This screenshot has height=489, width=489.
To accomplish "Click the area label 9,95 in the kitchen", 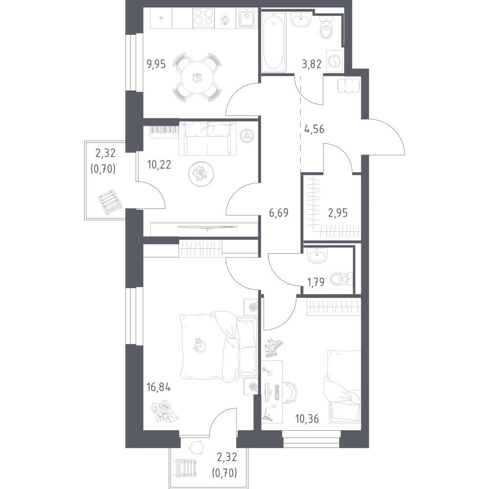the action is pos(156,64).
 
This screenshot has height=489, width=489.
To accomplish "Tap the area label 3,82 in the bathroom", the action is pos(311,64).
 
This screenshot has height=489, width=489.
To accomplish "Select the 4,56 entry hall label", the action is pos(314,129).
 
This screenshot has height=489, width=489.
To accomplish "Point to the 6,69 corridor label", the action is pos(279,213).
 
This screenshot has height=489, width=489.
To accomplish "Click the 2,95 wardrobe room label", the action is pos(338,213).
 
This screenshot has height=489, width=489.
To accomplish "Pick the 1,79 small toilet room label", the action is pos(316,282).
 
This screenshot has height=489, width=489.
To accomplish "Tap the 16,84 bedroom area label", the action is pos(159,387).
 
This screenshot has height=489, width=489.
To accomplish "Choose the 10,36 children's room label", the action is pos(307,419).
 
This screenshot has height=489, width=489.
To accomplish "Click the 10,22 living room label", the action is pos(159,164).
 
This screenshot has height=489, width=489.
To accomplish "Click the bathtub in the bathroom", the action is pos(273,42).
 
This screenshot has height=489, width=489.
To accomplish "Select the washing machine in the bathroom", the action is pos(334,61).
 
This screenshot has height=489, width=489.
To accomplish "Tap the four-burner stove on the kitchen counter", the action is pos(203,17).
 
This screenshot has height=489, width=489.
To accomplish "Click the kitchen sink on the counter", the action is pos(247,18).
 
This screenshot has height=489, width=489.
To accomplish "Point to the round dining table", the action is pos(197,77).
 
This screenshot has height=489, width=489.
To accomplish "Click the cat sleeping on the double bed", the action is pos(199,346).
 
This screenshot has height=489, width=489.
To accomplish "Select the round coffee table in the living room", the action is pos(201,174).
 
